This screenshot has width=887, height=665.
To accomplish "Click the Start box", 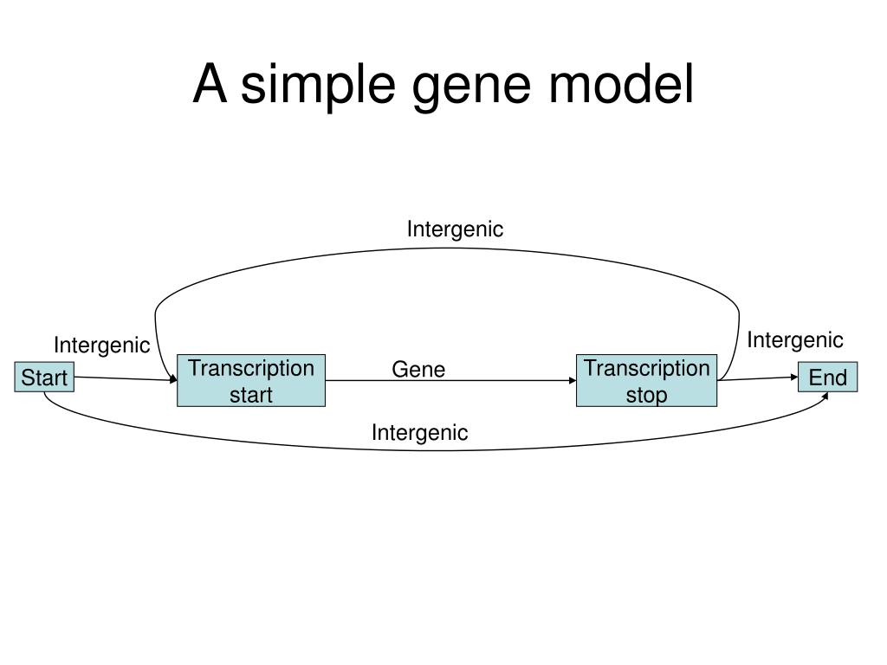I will (44, 378).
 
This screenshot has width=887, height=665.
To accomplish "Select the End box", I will (827, 378).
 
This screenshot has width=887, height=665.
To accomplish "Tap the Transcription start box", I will (251, 380).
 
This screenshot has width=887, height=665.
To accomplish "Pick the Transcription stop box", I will (646, 380).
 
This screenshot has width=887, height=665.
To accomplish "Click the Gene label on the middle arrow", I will (418, 370).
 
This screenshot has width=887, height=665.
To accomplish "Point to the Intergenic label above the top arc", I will (455, 229).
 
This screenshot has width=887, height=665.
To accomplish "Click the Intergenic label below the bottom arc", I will (419, 432).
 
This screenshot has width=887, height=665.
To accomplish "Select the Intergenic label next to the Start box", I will (101, 345).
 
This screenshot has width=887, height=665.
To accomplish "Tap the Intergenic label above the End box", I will (794, 339).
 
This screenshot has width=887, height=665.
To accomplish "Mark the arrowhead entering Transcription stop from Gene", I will (573, 380).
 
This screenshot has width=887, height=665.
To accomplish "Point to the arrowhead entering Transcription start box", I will (173, 380).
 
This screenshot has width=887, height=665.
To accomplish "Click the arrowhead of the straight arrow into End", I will (794, 377).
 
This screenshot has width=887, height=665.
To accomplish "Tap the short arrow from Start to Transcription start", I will (121, 378).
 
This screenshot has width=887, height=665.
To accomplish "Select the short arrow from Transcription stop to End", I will (758, 378).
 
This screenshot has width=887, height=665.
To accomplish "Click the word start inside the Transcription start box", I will (251, 395).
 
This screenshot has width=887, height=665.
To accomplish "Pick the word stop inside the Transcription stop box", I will (646, 395).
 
